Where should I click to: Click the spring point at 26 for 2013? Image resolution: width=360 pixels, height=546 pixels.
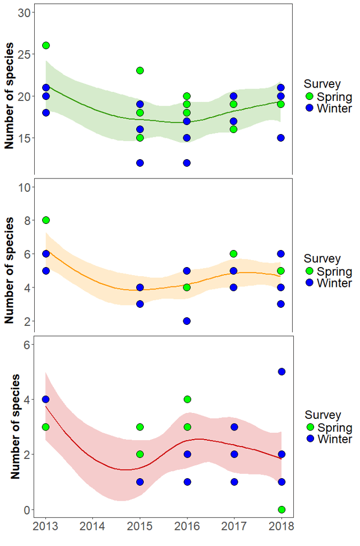(46, 45)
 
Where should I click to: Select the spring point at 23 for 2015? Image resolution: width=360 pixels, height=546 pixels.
(140, 71)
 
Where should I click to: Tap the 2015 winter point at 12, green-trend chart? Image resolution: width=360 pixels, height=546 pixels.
(140, 163)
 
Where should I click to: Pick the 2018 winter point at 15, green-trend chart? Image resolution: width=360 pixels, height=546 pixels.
(281, 138)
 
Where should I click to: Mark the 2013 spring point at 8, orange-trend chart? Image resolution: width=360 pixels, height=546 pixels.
(46, 220)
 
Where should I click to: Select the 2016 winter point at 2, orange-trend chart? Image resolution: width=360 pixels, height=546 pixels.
(187, 321)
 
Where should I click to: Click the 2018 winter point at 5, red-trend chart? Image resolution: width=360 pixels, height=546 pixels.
(281, 371)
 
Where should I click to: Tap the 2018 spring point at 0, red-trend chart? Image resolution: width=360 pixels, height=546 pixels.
(281, 509)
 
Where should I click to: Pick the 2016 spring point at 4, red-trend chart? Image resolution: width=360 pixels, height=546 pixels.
(187, 399)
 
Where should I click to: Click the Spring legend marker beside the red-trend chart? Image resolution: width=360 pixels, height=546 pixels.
(310, 427)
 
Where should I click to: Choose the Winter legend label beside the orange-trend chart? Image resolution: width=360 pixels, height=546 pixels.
(334, 283)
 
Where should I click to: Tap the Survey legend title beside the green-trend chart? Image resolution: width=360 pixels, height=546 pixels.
(322, 84)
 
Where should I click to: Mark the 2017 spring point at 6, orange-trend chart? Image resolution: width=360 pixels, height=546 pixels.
(234, 254)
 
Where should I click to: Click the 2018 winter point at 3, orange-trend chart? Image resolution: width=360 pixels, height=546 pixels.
(281, 304)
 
